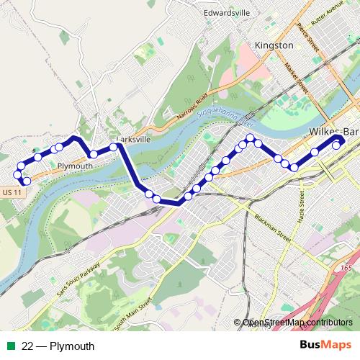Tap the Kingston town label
[x=274, y=45]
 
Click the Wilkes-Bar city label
[x=333, y=132]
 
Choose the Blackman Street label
[x=271, y=226]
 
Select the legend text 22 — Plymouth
[x=58, y=346]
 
